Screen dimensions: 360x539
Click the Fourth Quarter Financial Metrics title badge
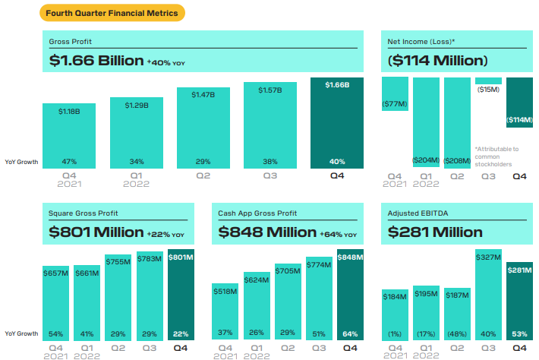(x=112, y=13)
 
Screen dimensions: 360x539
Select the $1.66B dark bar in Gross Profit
(x=337, y=125)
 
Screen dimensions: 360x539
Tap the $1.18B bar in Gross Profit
(x=68, y=137)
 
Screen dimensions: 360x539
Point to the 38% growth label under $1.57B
(x=270, y=161)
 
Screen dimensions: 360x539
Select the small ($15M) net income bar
(x=489, y=81)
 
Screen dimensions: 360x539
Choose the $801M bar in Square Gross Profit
(x=181, y=292)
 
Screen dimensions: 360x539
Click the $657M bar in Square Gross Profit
(x=57, y=300)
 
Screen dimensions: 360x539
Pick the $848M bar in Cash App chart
(x=350, y=292)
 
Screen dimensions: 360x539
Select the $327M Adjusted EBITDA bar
(x=489, y=292)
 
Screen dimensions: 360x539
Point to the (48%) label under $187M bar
(x=458, y=333)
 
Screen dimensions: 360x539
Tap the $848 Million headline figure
(x=267, y=232)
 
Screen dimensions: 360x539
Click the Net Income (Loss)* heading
(x=421, y=41)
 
